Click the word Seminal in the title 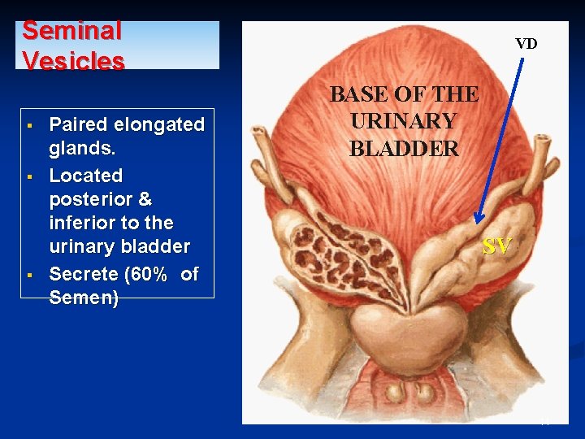[71, 31]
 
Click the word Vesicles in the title [73, 61]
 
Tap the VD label [526, 44]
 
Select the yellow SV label [496, 246]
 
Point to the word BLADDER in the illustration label [404, 149]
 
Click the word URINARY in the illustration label [403, 121]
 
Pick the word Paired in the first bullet [78, 124]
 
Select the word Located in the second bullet [86, 176]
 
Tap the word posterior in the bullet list [89, 199]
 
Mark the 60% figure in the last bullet [149, 274]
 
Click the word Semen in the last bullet [81, 298]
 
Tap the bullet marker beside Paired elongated [28, 125]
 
